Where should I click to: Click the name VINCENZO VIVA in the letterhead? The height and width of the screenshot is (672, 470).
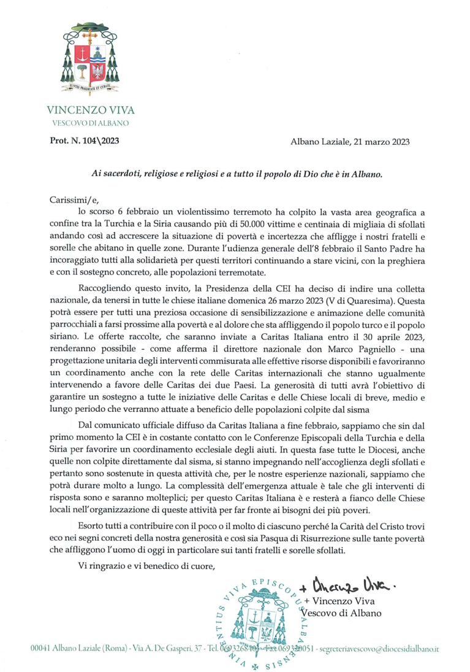click(91, 110)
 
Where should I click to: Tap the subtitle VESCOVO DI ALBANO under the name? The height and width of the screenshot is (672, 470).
click(91, 123)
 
